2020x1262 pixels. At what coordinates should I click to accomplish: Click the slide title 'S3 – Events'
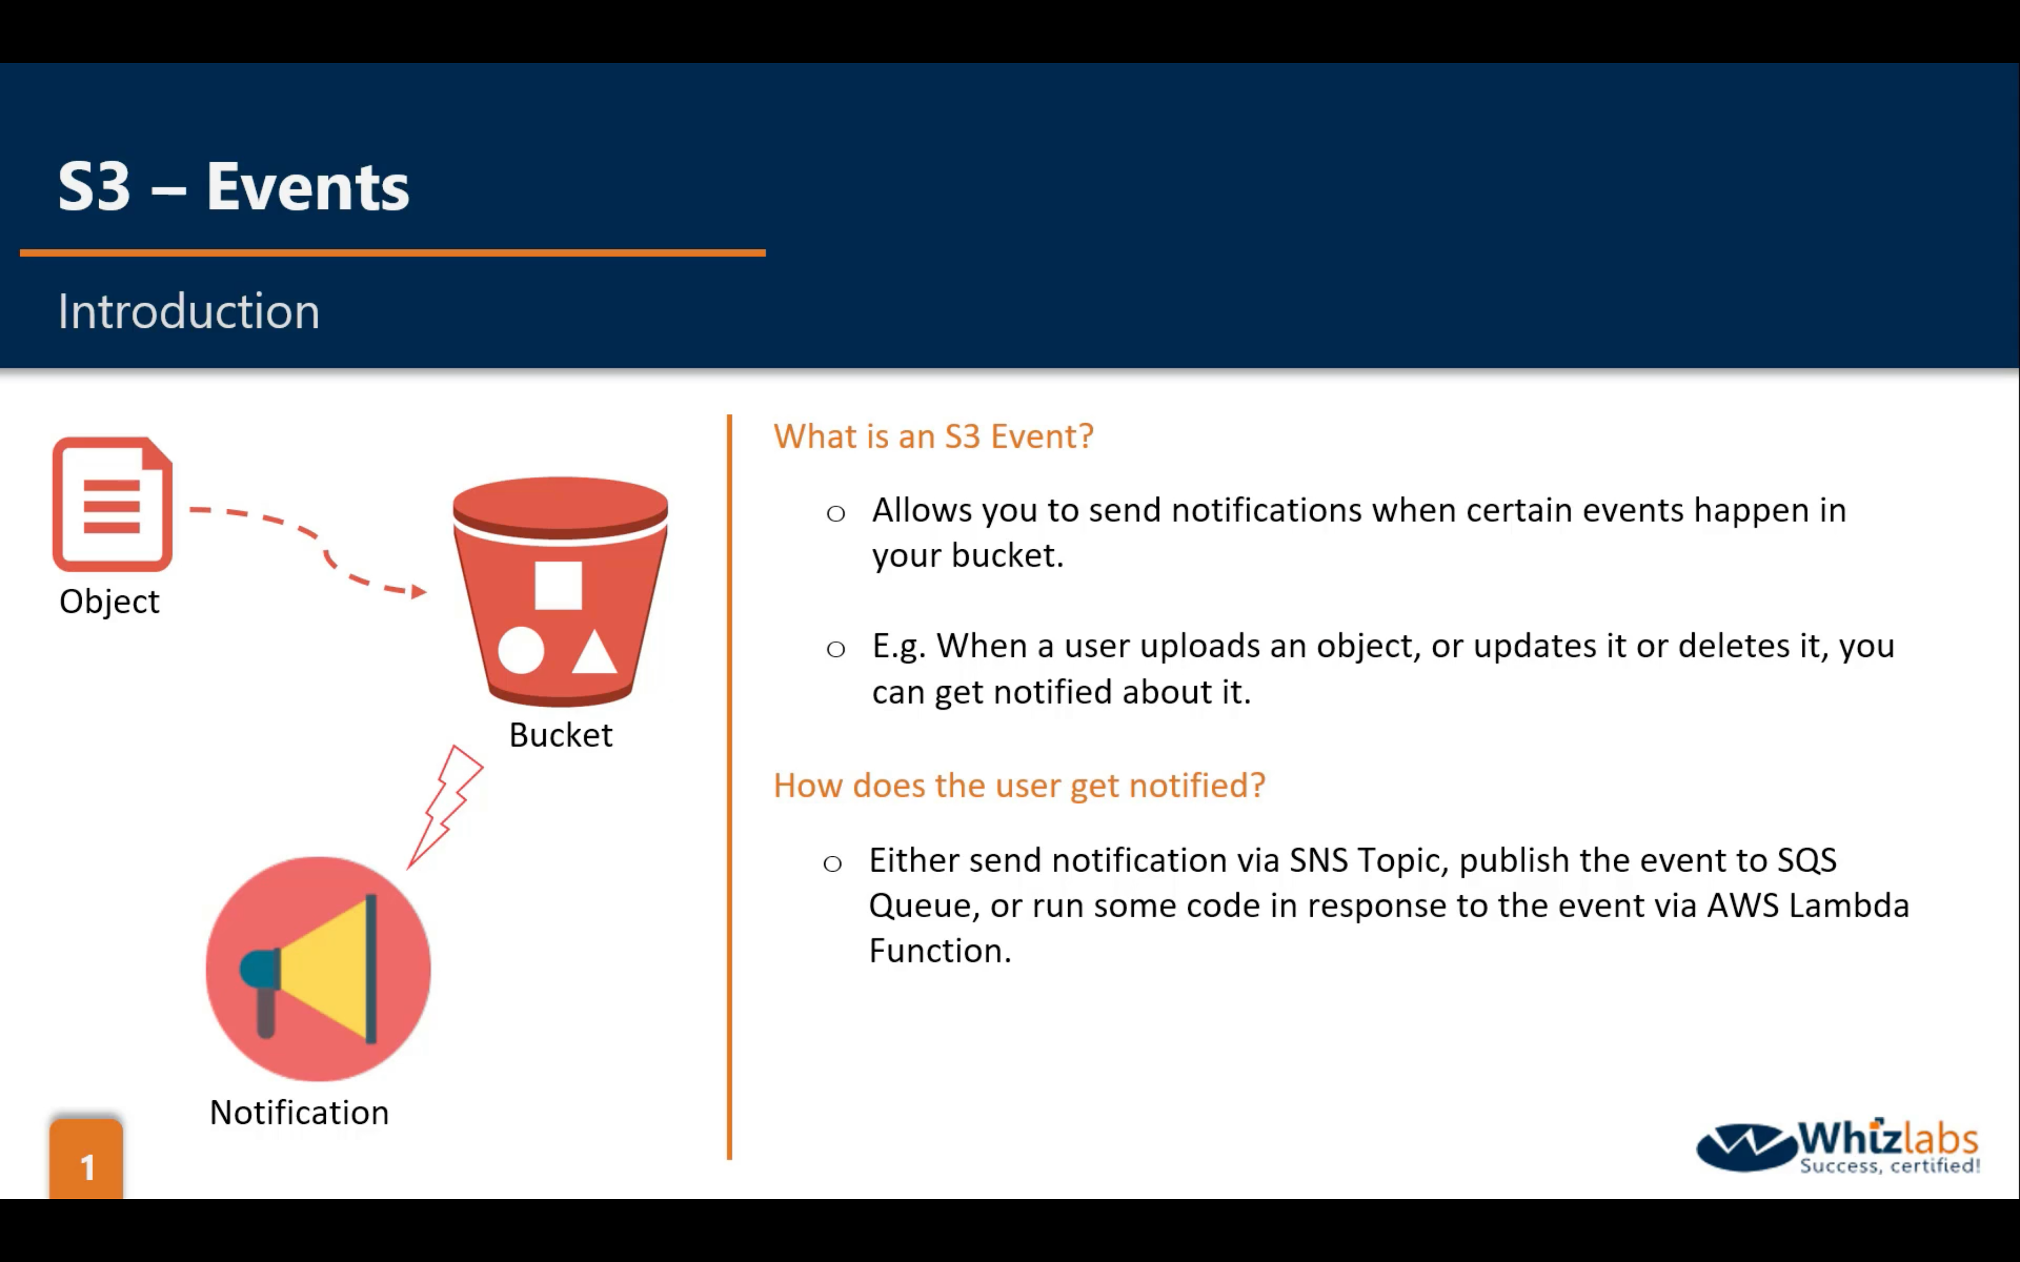(x=234, y=186)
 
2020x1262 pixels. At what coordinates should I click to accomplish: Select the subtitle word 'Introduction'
(x=189, y=312)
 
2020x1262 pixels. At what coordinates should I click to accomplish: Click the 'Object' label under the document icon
(x=109, y=602)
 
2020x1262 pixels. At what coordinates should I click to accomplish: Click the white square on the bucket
(x=557, y=585)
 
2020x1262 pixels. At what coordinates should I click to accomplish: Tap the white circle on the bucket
(x=521, y=650)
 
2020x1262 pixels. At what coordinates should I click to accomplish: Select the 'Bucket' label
(x=561, y=735)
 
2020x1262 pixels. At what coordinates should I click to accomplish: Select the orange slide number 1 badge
(x=86, y=1159)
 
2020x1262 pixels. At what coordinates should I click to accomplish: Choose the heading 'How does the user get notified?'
(x=1019, y=785)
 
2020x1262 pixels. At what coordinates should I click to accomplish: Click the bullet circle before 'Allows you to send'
(x=835, y=513)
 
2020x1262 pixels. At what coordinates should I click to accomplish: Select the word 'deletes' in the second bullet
(x=1735, y=646)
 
